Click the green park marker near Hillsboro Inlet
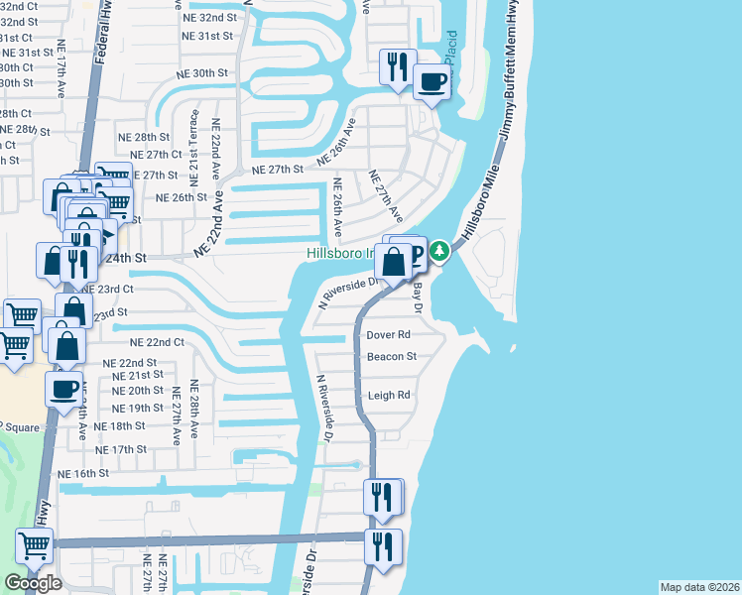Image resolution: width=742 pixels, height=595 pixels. coord(437,253)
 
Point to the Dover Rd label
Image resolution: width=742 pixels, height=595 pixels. coord(388,335)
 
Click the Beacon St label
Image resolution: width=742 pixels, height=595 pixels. coord(391,357)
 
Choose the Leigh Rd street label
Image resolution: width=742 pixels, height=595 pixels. coord(389,395)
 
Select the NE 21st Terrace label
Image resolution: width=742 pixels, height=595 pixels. coord(194,146)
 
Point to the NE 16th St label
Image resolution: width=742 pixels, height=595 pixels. coord(83,474)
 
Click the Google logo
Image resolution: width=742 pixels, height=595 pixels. coord(33,582)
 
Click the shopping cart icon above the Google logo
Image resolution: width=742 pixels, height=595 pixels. coord(34,544)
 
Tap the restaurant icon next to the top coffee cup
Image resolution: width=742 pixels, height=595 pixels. coord(398,67)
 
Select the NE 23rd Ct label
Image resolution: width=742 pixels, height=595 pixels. coord(108,289)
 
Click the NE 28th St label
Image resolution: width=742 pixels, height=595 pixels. coord(144,137)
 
